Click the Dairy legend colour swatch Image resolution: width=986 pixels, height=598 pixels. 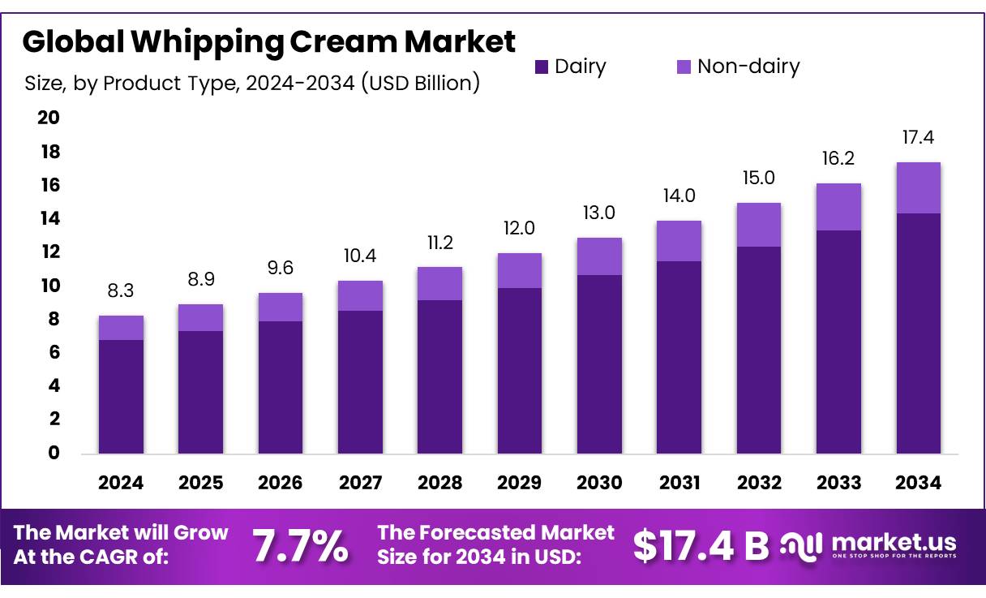coord(542,67)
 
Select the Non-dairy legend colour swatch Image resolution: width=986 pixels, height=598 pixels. coord(684,67)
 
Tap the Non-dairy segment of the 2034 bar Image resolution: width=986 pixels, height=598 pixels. coord(918,187)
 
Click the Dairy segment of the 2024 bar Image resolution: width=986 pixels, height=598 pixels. coord(121,396)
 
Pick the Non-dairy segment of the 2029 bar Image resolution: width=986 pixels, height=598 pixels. coord(519,270)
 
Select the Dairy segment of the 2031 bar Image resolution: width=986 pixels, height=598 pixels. coord(679,357)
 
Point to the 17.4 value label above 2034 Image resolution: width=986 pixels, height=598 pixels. coord(918,138)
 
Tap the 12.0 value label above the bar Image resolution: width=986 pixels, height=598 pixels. coord(519,229)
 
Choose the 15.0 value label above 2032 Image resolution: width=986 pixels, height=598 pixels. coord(758,178)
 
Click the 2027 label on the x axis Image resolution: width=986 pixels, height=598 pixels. coord(360,484)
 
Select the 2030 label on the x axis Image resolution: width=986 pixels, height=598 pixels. coord(599,484)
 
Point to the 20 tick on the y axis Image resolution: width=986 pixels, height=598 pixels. coord(49,118)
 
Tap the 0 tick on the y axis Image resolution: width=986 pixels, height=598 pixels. coord(54,453)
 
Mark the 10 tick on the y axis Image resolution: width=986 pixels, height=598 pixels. coord(49,286)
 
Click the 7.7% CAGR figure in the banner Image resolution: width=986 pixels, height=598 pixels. coord(301,547)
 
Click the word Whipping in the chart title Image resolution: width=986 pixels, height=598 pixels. coord(199,41)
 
